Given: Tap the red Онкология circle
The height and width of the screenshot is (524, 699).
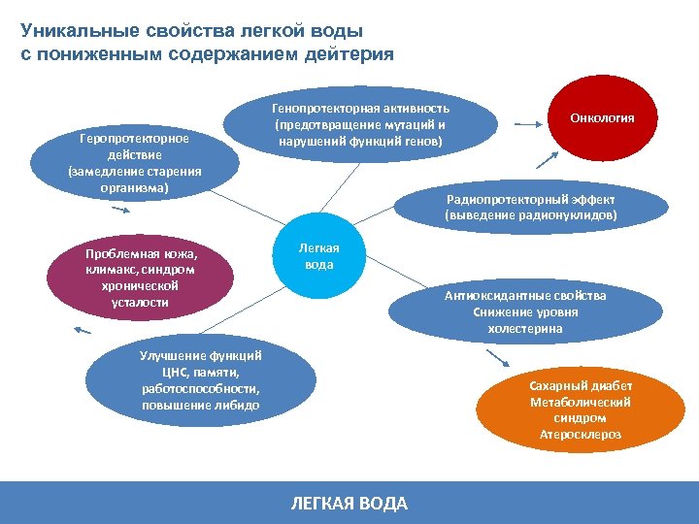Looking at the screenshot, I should tap(603, 118).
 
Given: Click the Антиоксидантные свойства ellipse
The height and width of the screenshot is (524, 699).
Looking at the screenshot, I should tap(524, 311).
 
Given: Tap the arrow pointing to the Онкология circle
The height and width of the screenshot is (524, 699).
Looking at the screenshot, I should tap(528, 124).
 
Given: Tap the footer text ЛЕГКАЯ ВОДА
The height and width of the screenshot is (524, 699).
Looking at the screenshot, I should tap(349, 504).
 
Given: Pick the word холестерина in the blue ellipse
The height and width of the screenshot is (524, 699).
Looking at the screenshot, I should tap(525, 329).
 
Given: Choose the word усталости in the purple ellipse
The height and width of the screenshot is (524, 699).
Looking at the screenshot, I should tap(140, 303).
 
